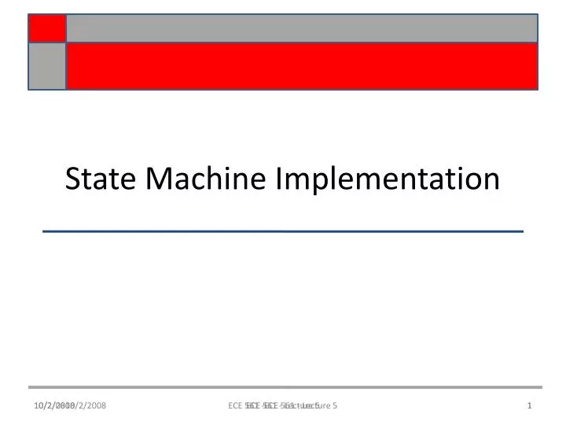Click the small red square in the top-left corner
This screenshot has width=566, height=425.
click(x=47, y=28)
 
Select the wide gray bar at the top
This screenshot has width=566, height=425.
click(x=302, y=28)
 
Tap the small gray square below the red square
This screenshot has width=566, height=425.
click(x=47, y=65)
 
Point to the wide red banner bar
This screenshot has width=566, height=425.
click(x=302, y=65)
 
